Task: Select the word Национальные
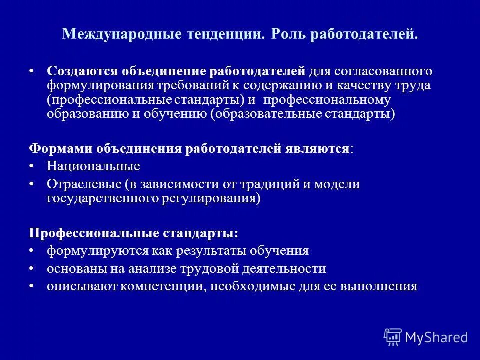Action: pos(93,166)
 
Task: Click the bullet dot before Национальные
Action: pos(32,166)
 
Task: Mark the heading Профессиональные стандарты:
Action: pos(133,233)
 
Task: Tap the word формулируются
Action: pos(91,251)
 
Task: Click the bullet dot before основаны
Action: pos(32,269)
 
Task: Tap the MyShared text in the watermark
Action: pos(436,337)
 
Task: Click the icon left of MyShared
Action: pos(393,336)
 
